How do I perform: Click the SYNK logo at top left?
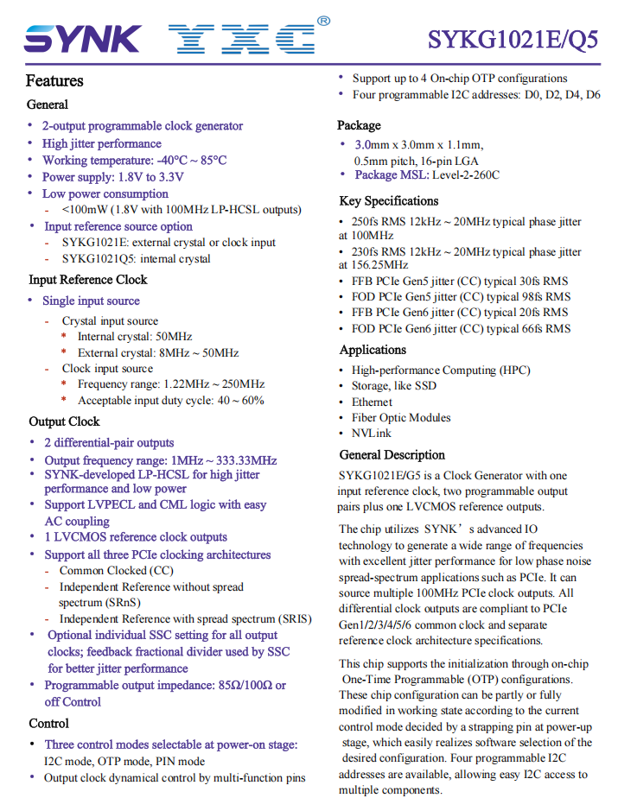point(83,39)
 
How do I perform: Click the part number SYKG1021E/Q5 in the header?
point(513,41)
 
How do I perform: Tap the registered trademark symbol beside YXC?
point(323,20)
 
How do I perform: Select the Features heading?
point(54,81)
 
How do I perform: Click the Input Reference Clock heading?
point(88,280)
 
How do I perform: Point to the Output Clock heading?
point(64,421)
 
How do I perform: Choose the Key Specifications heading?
point(394,201)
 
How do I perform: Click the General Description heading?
point(392,455)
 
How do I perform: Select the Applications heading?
point(373,350)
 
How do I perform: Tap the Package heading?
point(359,125)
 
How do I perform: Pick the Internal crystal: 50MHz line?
point(135,337)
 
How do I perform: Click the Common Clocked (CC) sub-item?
point(116,571)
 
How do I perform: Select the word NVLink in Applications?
point(372,434)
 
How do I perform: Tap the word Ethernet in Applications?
point(372,402)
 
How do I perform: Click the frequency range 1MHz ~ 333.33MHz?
point(224,460)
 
